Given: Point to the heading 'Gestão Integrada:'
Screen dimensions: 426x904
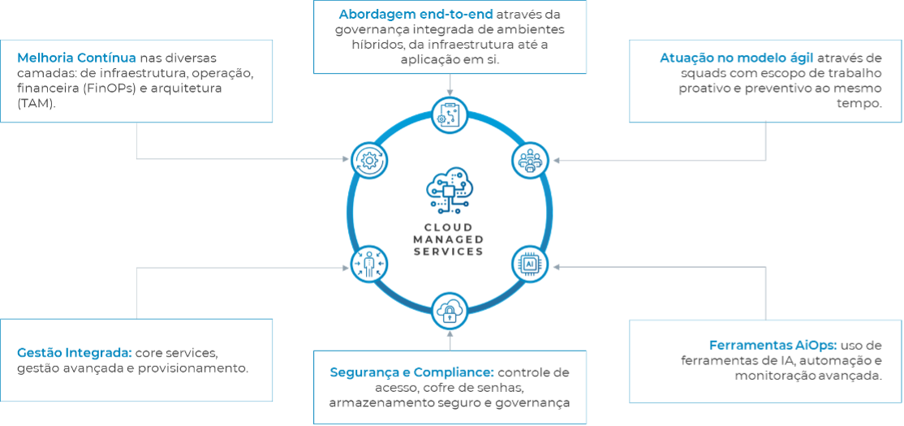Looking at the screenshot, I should [x=74, y=353].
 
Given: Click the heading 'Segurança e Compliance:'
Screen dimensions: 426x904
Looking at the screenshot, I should [x=411, y=372].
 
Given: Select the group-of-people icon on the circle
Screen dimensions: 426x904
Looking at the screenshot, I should [x=529, y=161].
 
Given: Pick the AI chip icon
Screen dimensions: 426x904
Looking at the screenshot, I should [x=529, y=264].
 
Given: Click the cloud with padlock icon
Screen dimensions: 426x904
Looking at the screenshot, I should [x=449, y=311].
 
